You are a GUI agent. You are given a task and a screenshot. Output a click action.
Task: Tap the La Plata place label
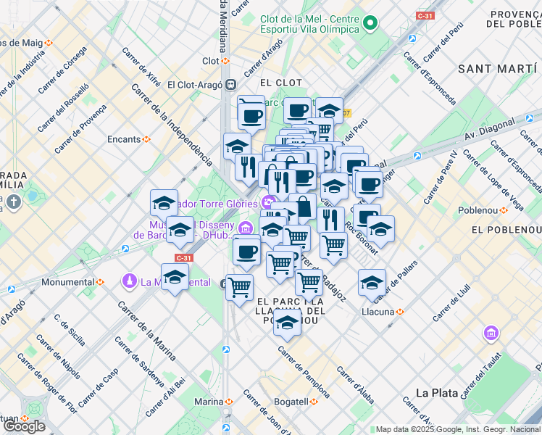pyautogui.click(x=436, y=392)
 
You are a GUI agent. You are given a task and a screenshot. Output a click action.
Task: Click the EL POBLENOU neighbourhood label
pyautogui.click(x=505, y=230)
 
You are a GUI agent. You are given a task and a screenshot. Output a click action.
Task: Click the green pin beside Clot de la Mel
pyautogui.click(x=370, y=23)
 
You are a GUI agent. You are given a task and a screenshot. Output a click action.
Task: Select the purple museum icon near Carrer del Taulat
pyautogui.click(x=491, y=333)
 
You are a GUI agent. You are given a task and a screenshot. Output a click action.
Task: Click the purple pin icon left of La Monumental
pyautogui.click(x=130, y=281)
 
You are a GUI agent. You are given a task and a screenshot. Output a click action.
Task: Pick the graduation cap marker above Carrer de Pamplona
pyautogui.click(x=288, y=323)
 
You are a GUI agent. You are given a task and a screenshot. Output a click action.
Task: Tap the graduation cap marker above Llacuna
pyautogui.click(x=372, y=282)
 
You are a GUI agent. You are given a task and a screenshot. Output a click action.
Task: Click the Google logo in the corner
pyautogui.click(x=24, y=426)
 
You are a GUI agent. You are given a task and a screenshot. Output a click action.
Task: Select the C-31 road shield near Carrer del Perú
pyautogui.click(x=425, y=14)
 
